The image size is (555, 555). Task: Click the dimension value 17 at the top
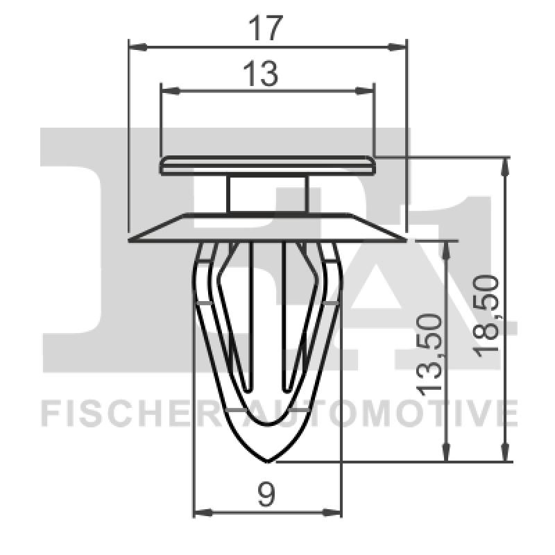[x=267, y=28]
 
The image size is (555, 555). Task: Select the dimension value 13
[x=261, y=73]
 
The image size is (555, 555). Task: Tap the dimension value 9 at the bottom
[x=266, y=495]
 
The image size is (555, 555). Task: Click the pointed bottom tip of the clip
[x=267, y=460]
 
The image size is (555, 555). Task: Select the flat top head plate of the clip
[x=267, y=166]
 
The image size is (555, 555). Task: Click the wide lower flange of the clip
[x=267, y=228]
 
